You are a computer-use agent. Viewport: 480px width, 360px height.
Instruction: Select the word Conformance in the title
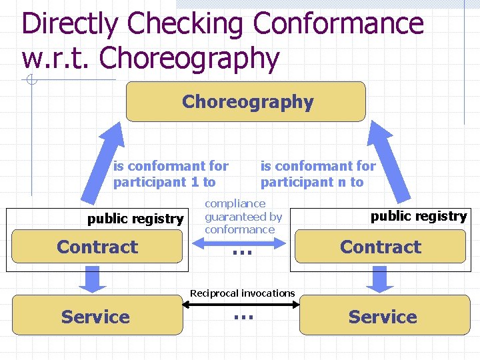[x=338, y=24]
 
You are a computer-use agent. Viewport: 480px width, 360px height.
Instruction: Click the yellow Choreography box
[x=246, y=101]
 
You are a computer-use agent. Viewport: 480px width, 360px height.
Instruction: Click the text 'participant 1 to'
[x=164, y=181]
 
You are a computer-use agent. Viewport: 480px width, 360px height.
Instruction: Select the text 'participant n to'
[x=311, y=181]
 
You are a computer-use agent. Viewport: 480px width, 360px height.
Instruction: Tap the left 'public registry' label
[x=135, y=219]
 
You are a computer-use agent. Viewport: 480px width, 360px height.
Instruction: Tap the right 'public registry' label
[x=419, y=216]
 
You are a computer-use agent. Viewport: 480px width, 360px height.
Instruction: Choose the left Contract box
[x=97, y=247]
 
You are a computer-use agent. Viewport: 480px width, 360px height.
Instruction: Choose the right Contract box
[x=380, y=247]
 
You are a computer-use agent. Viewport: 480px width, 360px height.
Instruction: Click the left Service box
[x=97, y=317]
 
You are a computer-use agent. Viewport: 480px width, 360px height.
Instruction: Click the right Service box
[x=383, y=317]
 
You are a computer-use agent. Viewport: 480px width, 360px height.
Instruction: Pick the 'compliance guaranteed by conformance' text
[x=243, y=216]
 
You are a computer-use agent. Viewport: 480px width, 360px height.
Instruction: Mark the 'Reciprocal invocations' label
[x=242, y=293]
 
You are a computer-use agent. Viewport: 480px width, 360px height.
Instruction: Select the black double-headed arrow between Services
[x=242, y=304]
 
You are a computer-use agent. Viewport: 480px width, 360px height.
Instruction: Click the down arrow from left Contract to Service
[x=97, y=279]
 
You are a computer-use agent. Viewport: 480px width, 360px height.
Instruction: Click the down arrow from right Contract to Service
[x=381, y=279]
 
